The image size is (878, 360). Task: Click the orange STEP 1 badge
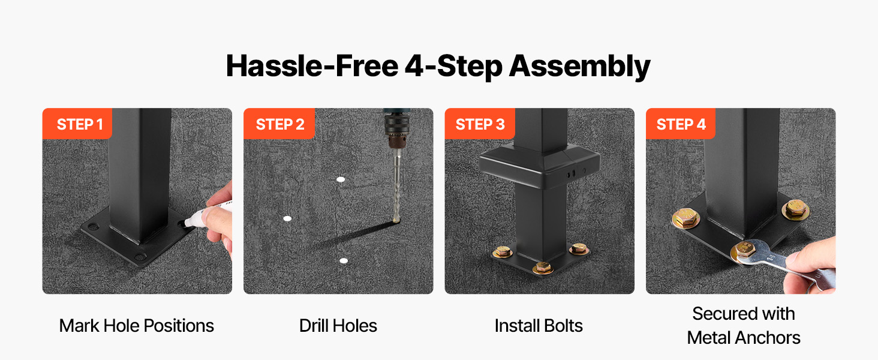coord(77,124)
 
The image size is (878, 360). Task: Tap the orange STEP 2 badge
coord(279,124)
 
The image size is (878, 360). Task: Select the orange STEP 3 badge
coord(480,124)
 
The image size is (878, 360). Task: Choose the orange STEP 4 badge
coord(681,124)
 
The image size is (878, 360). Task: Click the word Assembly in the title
coord(580,67)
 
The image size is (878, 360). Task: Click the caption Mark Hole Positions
coord(136,325)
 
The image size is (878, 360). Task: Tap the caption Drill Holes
coord(338,325)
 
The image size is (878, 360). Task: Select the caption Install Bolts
coord(539,325)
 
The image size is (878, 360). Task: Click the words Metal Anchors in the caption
coord(744,338)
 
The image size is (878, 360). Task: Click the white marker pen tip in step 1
coord(187,223)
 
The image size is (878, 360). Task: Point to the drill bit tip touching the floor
coord(396,220)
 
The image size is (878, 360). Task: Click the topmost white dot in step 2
coord(341,179)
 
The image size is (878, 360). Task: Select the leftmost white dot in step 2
coord(287,218)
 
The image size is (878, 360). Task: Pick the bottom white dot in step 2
coord(344,261)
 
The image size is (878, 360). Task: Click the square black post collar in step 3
coord(539,166)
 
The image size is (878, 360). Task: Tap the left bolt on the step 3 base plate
coord(502,251)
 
